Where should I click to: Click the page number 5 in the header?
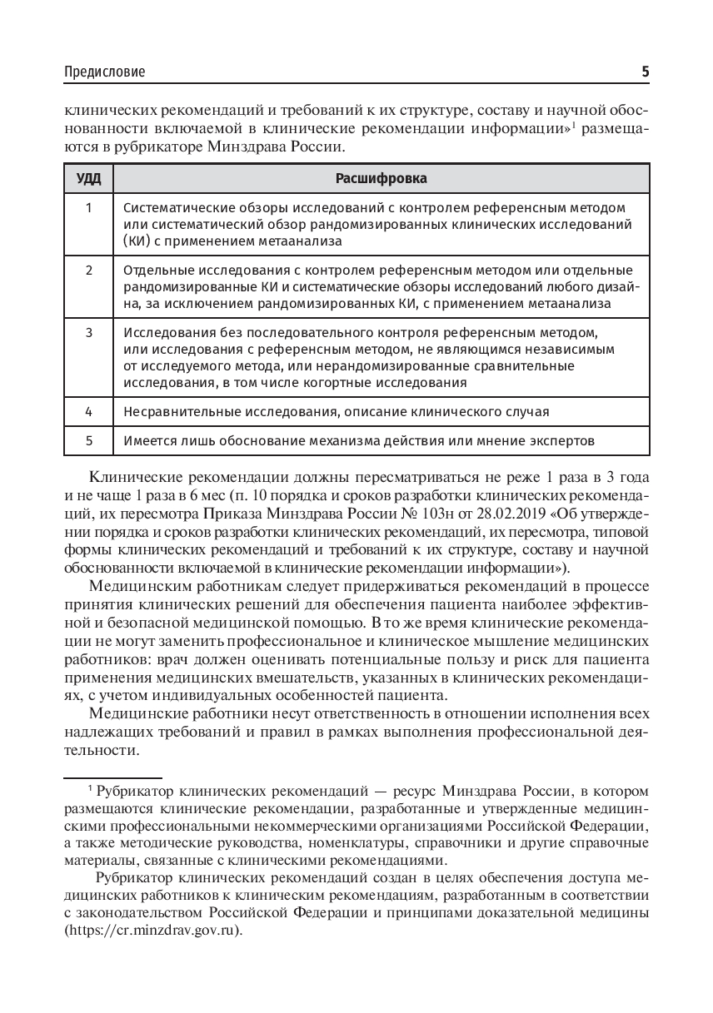tap(645, 72)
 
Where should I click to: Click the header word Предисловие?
tap(104, 72)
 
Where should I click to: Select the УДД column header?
tap(89, 179)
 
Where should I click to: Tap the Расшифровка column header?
tap(381, 179)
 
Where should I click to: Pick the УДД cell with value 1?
tap(89, 207)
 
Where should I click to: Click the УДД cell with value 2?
tap(89, 271)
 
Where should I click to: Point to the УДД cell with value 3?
tap(89, 333)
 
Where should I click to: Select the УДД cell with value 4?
tap(89, 411)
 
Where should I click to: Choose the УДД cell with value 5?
tap(89, 440)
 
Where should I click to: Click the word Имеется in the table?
tap(147, 440)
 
